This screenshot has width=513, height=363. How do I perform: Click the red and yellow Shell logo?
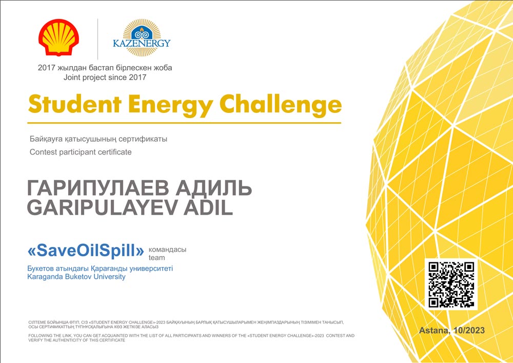point(58,37)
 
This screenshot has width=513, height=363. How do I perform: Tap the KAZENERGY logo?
point(142,38)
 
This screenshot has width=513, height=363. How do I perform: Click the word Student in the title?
point(75,104)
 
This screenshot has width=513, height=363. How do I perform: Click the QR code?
point(451,284)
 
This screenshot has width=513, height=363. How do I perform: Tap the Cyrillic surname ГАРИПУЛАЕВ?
point(98,188)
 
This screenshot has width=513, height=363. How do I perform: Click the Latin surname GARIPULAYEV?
point(102,207)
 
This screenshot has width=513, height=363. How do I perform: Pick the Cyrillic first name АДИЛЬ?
point(213,188)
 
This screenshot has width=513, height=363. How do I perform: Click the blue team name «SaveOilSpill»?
point(86,251)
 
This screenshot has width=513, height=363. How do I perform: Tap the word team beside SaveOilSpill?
point(156,258)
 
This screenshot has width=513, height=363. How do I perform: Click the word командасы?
point(168,250)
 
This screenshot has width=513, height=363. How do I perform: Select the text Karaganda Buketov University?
point(76,277)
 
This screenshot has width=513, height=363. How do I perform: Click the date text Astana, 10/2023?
point(452,330)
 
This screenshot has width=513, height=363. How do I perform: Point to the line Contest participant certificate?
point(81,152)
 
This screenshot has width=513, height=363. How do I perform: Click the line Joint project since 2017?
point(105,78)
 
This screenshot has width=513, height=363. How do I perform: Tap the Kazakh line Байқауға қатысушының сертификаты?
point(98,139)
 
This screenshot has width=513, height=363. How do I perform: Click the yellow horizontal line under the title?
point(184,123)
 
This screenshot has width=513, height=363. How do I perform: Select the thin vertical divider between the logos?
point(98,40)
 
